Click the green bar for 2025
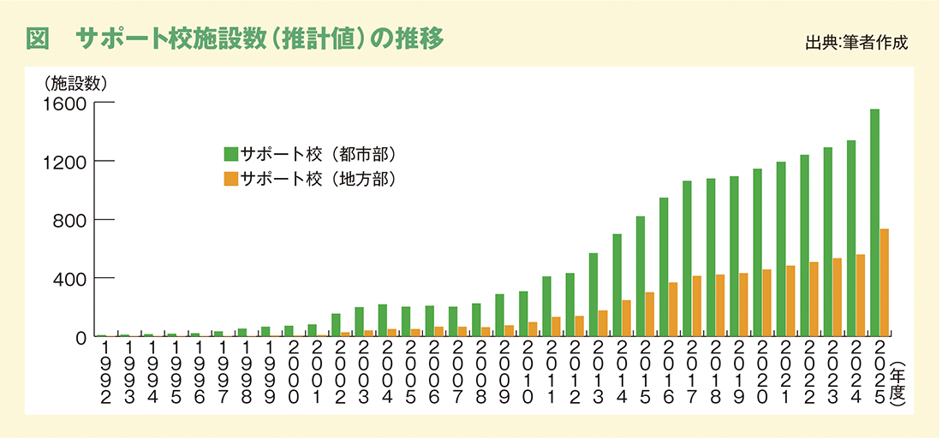[874, 222]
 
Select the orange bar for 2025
[884, 282]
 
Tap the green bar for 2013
[593, 294]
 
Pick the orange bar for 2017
[696, 306]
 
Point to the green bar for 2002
[335, 325]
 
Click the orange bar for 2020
[766, 303]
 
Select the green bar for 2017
[687, 258]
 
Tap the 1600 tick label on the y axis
[66, 104]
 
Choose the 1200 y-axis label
[66, 162]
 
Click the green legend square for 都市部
[230, 154]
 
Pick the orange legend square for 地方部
[230, 179]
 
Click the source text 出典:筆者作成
[856, 43]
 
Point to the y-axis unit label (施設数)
[75, 82]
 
